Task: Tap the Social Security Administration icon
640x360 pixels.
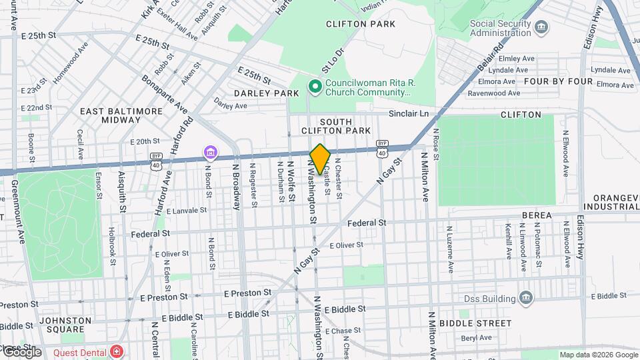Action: coord(542,27)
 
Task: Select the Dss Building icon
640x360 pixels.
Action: coord(526,297)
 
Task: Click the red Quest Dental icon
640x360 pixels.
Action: coord(117,351)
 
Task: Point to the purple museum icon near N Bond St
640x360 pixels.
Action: coord(211,153)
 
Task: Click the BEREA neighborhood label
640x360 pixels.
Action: coord(537,215)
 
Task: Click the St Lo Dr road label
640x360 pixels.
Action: coord(332,61)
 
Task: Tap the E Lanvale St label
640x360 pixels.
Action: coord(188,211)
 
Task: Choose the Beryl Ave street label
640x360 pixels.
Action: coord(476,338)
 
